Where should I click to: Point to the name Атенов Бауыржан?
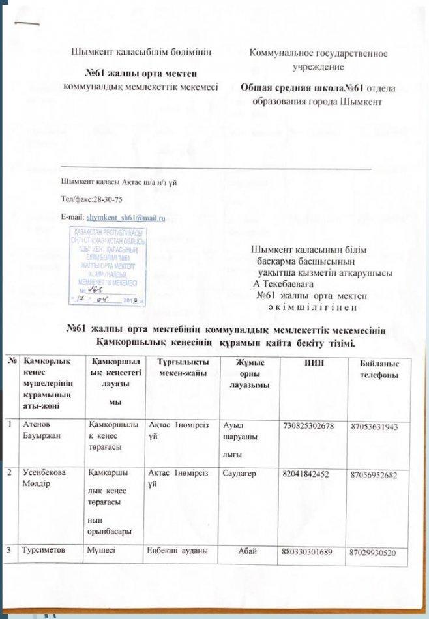(42, 429)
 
